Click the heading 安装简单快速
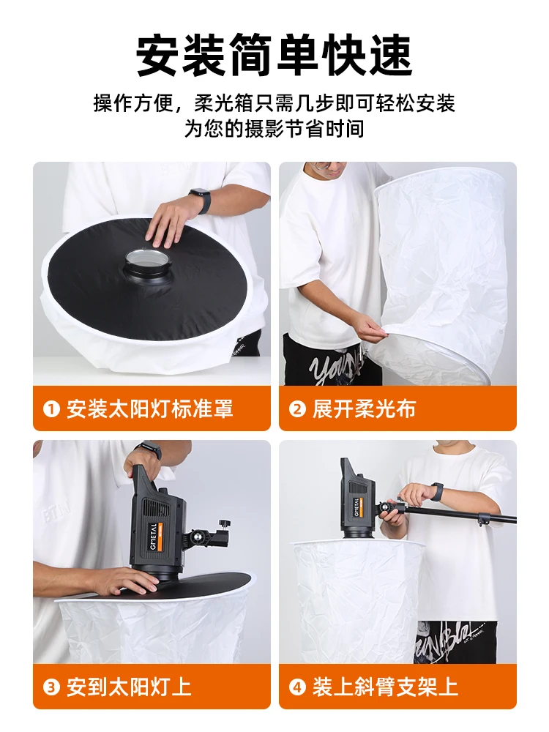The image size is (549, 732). [274, 55]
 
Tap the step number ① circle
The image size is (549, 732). [51, 409]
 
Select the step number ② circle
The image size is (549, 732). [297, 409]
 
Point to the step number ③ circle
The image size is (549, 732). [51, 687]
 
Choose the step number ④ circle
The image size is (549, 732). [297, 687]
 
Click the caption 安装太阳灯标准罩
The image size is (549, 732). [150, 409]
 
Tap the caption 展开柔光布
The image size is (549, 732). [364, 409]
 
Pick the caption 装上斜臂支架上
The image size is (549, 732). [385, 687]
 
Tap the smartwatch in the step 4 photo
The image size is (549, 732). [437, 492]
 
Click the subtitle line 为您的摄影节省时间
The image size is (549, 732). [274, 128]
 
